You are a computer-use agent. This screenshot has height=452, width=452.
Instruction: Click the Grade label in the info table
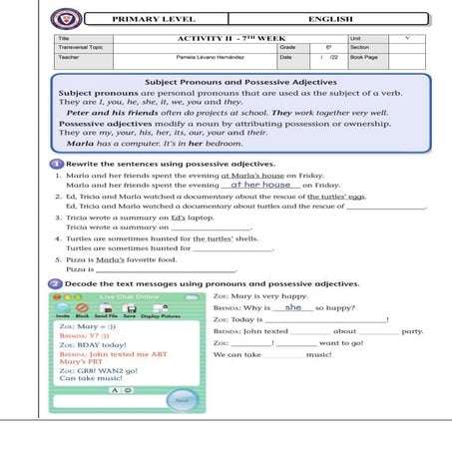pos(287,47)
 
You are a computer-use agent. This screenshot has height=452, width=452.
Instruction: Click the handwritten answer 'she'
pos(293,308)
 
